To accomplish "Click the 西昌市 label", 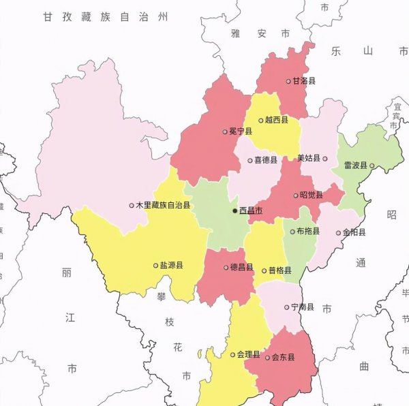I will click(252, 211).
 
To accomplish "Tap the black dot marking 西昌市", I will click(235, 211).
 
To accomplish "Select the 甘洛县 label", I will click(304, 80).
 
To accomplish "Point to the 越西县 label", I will click(276, 120).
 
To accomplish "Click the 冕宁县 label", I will click(241, 131).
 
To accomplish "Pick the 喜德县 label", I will click(266, 160).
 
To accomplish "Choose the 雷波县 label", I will click(355, 165).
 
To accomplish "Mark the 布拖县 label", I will click(308, 232).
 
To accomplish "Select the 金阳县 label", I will click(354, 232).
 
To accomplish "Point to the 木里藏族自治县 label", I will click(164, 204).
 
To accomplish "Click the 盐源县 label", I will click(171, 265).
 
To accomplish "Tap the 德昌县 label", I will click(241, 267).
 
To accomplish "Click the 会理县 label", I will click(249, 354).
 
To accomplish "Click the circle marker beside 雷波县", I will click(372, 165).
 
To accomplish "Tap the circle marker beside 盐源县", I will click(155, 265).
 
